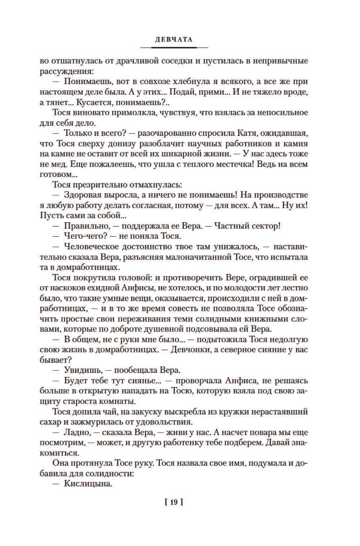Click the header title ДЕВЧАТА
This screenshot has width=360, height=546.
click(x=174, y=40)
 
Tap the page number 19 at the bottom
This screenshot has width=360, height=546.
click(x=174, y=502)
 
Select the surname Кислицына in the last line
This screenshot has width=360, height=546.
click(x=88, y=483)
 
